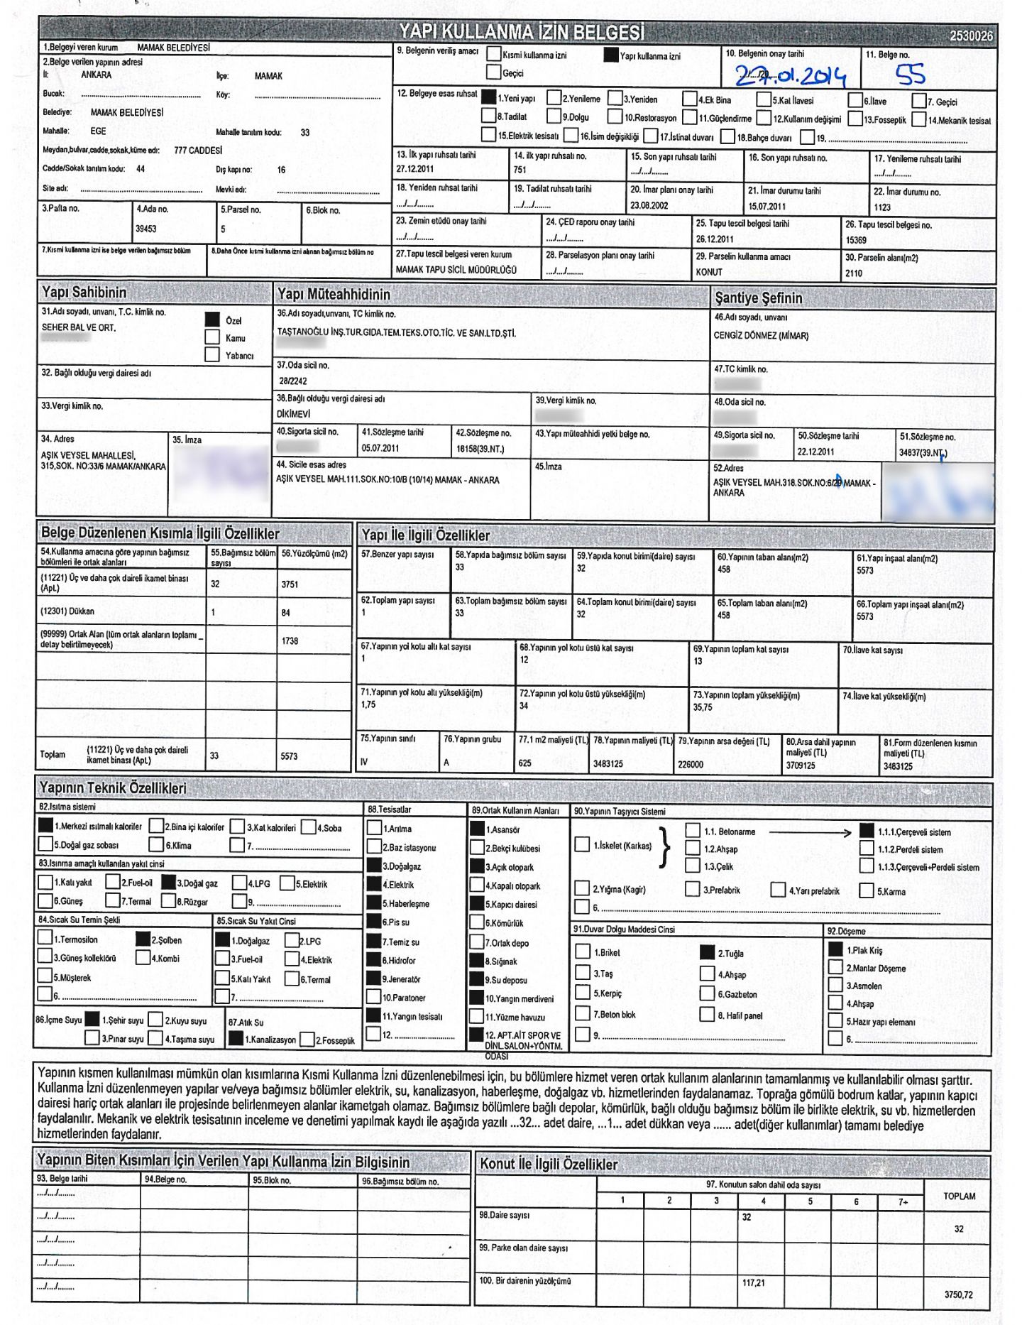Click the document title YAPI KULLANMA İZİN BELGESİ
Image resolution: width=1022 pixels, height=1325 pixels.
coord(522,32)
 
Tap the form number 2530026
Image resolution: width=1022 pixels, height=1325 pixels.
coord(970,36)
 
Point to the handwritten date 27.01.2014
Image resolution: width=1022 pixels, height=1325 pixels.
coord(790,75)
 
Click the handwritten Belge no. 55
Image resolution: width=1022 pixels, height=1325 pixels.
coord(910,74)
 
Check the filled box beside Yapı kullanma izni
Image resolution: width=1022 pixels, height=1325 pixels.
coord(610,55)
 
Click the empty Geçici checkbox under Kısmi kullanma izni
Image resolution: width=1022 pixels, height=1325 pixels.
coord(493,72)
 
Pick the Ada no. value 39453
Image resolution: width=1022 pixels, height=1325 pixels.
coord(146,229)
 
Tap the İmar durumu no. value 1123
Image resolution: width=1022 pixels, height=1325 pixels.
coord(882,207)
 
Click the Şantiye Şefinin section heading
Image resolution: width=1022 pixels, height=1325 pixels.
coord(758,298)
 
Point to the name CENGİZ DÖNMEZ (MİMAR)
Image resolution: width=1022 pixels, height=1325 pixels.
coord(761,336)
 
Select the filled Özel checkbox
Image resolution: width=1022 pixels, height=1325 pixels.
coord(212,320)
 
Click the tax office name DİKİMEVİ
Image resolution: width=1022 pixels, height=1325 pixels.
coord(293,413)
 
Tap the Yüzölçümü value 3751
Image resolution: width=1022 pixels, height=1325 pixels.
coord(290,584)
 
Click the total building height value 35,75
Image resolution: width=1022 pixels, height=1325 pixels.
coord(703,707)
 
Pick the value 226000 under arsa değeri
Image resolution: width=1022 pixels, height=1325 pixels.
coord(691,764)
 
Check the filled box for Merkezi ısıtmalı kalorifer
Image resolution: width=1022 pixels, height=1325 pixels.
coord(45,825)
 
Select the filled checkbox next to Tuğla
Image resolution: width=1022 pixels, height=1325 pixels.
coord(707,952)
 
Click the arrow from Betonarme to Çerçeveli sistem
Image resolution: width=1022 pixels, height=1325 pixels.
coord(810,831)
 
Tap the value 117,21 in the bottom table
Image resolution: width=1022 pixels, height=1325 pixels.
coord(754,1282)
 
